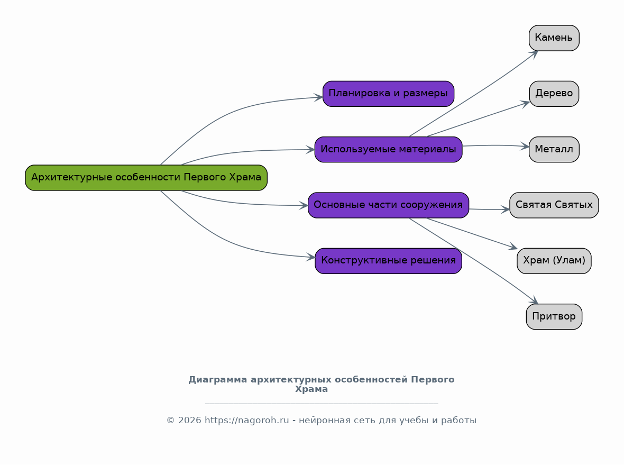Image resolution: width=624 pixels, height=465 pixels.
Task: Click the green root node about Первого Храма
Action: (x=146, y=178)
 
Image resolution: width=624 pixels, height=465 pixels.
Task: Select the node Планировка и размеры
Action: (x=388, y=94)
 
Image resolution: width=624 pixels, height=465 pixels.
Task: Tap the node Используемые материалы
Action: (x=388, y=150)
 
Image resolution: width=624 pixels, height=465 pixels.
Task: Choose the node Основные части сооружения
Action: (x=388, y=205)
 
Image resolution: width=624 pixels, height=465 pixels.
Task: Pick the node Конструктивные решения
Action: (x=388, y=261)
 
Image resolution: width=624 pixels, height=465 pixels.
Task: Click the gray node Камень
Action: (x=554, y=38)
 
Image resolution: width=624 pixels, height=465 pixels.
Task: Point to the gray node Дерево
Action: (x=554, y=94)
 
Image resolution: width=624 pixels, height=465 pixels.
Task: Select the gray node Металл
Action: (x=554, y=150)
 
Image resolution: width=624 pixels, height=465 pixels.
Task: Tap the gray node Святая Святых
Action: (x=554, y=205)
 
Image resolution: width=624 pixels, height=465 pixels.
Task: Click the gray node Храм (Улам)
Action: (x=554, y=261)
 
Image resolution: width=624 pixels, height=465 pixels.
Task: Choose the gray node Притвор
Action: (x=554, y=317)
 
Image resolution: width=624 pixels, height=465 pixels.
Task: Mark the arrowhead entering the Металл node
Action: (x=525, y=147)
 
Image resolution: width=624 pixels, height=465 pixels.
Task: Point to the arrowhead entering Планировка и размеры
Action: (x=318, y=97)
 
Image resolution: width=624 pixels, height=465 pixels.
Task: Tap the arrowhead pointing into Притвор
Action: (x=534, y=300)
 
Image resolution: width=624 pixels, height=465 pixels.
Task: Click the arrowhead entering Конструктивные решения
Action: (x=311, y=258)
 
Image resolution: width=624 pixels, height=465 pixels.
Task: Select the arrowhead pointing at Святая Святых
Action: (x=506, y=209)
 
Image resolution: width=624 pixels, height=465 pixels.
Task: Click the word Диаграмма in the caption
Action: (x=218, y=380)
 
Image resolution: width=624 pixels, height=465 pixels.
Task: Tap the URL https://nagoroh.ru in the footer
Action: (x=247, y=421)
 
